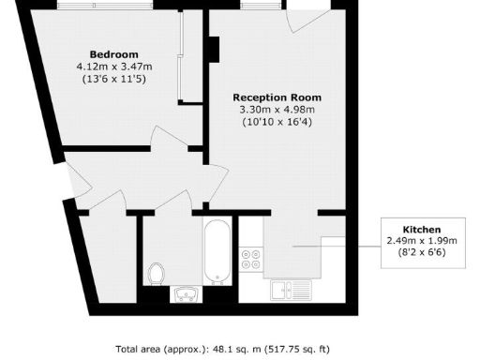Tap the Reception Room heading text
(x=277, y=97)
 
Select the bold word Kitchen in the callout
(x=421, y=229)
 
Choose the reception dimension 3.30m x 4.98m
(x=277, y=109)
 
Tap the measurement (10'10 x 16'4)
(x=277, y=122)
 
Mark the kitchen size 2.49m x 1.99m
(x=421, y=241)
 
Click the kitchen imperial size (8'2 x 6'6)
(x=421, y=252)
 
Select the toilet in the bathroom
(x=157, y=273)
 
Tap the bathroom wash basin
(x=184, y=294)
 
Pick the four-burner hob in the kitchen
(x=251, y=260)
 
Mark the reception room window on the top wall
(x=254, y=6)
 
